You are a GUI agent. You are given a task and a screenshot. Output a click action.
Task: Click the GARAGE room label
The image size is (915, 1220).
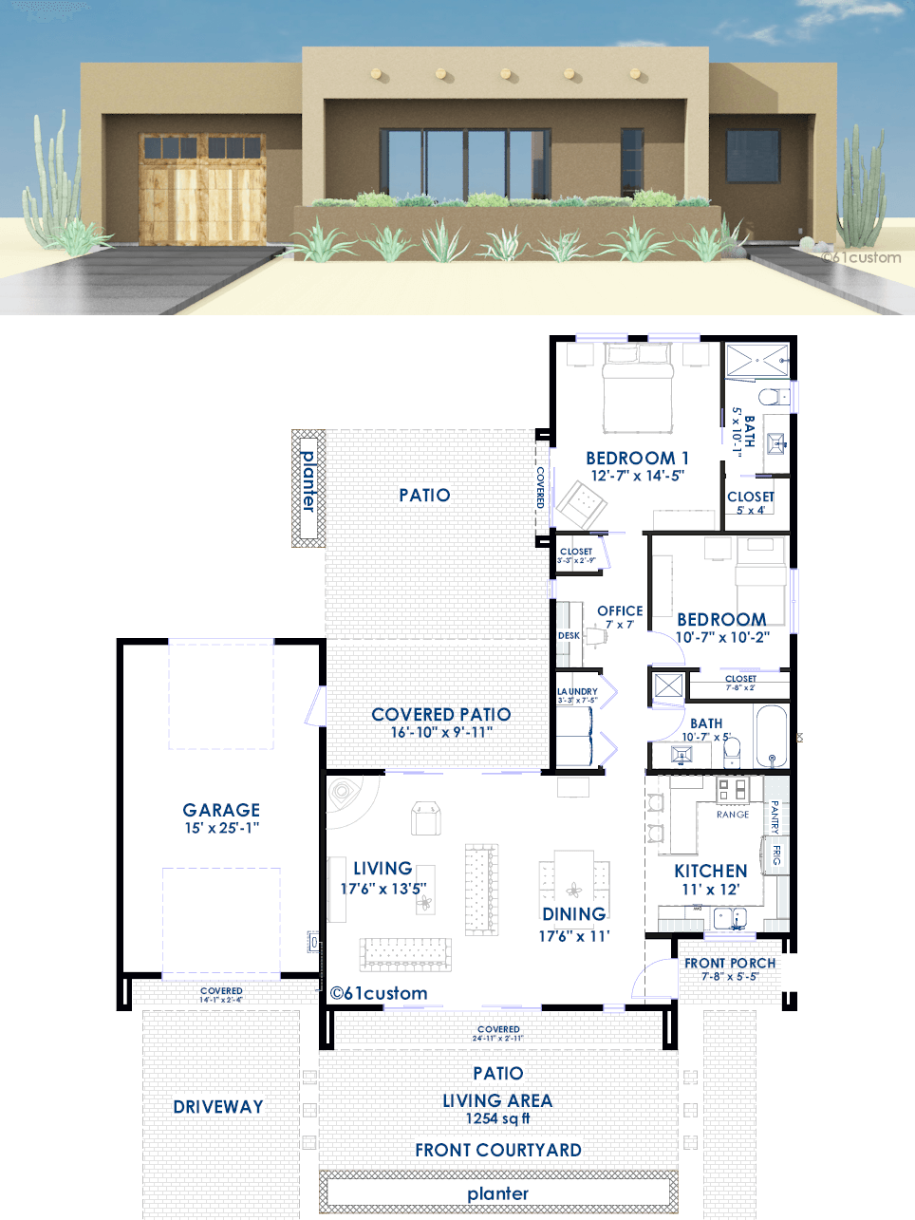[x=221, y=810]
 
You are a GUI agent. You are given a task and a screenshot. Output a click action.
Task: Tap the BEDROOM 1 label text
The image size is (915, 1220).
[x=637, y=458]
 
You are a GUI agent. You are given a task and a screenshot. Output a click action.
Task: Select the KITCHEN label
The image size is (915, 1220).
[x=710, y=871]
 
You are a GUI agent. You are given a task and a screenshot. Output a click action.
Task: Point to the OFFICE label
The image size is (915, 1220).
[x=620, y=610]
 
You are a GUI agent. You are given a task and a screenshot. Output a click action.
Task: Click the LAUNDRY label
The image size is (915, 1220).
[x=577, y=691]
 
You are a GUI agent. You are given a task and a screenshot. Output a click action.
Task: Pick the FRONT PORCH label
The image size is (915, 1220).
[x=730, y=963]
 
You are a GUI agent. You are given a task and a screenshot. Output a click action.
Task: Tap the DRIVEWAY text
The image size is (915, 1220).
[x=218, y=1107]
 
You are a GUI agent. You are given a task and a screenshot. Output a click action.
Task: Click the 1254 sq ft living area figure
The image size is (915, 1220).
[x=497, y=1118]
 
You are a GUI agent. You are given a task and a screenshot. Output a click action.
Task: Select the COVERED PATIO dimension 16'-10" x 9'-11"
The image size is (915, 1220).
[x=441, y=732]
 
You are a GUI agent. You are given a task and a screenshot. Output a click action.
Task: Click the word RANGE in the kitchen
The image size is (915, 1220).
[x=733, y=815]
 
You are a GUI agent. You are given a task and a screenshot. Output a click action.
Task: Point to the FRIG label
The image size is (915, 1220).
[x=776, y=854]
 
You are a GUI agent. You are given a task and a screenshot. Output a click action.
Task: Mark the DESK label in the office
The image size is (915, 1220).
[x=569, y=635]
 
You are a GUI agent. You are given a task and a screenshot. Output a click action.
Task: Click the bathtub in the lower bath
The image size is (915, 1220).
[x=772, y=735]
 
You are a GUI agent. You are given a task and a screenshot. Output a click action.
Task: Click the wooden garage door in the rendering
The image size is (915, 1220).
[x=203, y=190]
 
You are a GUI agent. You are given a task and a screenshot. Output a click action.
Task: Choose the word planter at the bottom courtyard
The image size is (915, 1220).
[x=498, y=1193]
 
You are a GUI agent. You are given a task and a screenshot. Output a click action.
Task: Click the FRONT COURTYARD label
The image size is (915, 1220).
[x=498, y=1150]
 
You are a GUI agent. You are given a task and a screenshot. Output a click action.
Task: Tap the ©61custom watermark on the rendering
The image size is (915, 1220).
[x=861, y=257]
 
